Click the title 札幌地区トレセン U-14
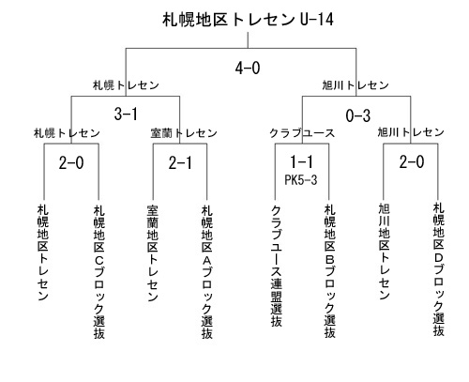248,20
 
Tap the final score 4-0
248,68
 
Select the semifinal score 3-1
126,114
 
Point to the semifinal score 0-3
358,115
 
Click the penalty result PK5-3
301,180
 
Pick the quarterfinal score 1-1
301,161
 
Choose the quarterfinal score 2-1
180,163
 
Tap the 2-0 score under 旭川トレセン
412,162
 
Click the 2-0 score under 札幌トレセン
71,163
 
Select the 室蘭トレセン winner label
184,133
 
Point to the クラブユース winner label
302,133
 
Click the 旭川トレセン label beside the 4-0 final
356,85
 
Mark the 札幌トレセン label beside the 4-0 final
126,85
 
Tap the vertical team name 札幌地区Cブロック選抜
99,272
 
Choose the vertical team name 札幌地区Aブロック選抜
207,272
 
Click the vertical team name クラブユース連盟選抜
277,267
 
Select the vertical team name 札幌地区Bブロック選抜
330,271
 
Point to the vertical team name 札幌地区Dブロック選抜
439,269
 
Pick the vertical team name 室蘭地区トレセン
153,253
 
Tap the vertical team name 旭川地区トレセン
385,252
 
